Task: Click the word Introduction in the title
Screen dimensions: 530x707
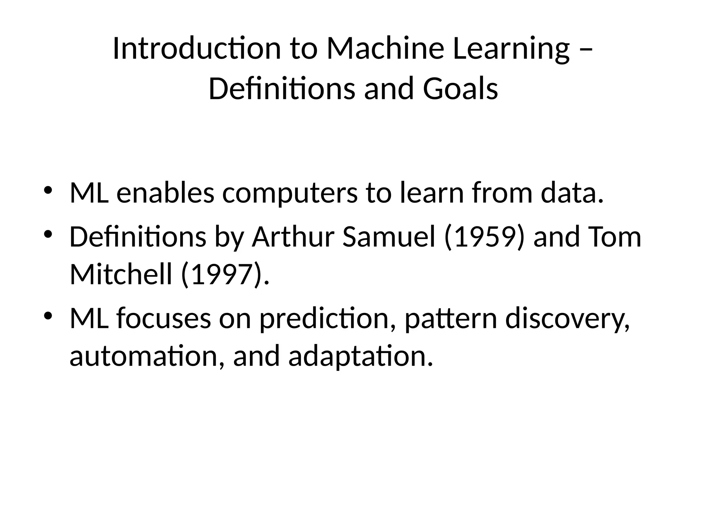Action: (x=197, y=49)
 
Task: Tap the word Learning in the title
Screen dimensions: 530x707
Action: (x=511, y=49)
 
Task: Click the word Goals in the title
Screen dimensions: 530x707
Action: (x=460, y=89)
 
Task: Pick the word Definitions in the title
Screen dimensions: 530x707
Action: (x=282, y=89)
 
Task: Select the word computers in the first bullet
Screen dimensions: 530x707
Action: (x=290, y=193)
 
